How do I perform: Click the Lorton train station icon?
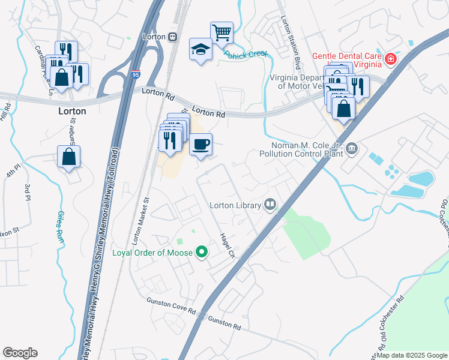click(x=173, y=37)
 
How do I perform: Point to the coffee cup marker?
click(x=200, y=144)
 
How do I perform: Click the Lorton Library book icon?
click(x=271, y=205)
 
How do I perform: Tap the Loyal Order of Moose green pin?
click(x=202, y=253)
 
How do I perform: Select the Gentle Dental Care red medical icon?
click(x=390, y=59)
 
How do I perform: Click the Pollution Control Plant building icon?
click(x=352, y=148)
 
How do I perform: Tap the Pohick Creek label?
click(x=246, y=54)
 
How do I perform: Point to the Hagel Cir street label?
click(x=227, y=245)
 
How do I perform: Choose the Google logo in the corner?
click(x=20, y=352)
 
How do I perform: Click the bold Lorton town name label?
click(x=72, y=111)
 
